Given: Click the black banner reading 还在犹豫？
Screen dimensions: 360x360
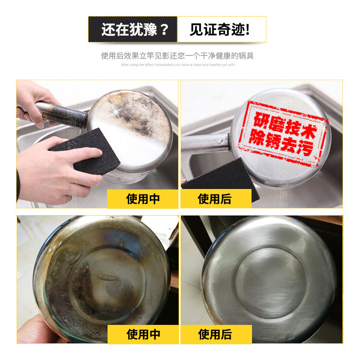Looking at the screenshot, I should pos(133,30).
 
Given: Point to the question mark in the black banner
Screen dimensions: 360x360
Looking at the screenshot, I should pos(164,30).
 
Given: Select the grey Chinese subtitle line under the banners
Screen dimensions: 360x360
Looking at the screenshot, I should pos(177,56).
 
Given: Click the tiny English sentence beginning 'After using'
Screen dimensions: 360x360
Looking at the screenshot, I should pos(177,65).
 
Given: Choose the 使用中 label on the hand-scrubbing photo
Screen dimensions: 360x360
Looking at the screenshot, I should pos(143,199).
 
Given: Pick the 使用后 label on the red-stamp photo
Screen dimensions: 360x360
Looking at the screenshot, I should pos(215,199).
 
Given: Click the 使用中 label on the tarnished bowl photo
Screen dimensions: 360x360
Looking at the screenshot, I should pos(143,334).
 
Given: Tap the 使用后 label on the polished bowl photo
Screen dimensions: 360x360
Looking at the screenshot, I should pos(215,334).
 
